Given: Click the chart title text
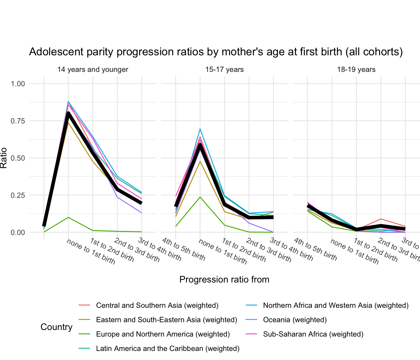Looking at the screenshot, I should pyautogui.click(x=216, y=52).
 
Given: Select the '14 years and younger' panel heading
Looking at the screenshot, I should pyautogui.click(x=93, y=69).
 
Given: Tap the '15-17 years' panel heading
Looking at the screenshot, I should pyautogui.click(x=224, y=69).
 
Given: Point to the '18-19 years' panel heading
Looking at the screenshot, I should pyautogui.click(x=356, y=69).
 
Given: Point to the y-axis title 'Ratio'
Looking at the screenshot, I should pyautogui.click(x=4, y=158).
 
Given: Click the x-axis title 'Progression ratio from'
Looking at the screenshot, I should pyautogui.click(x=224, y=279).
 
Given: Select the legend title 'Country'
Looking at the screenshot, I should pyautogui.click(x=57, y=327).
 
